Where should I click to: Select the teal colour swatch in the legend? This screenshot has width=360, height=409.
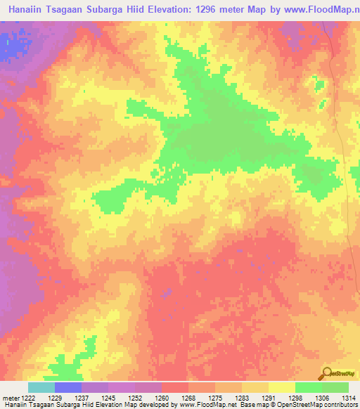[41, 387]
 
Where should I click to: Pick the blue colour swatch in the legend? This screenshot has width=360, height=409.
[67, 387]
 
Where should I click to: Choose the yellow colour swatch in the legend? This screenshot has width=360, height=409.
[281, 387]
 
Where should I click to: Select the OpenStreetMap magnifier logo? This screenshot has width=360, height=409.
[326, 373]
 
